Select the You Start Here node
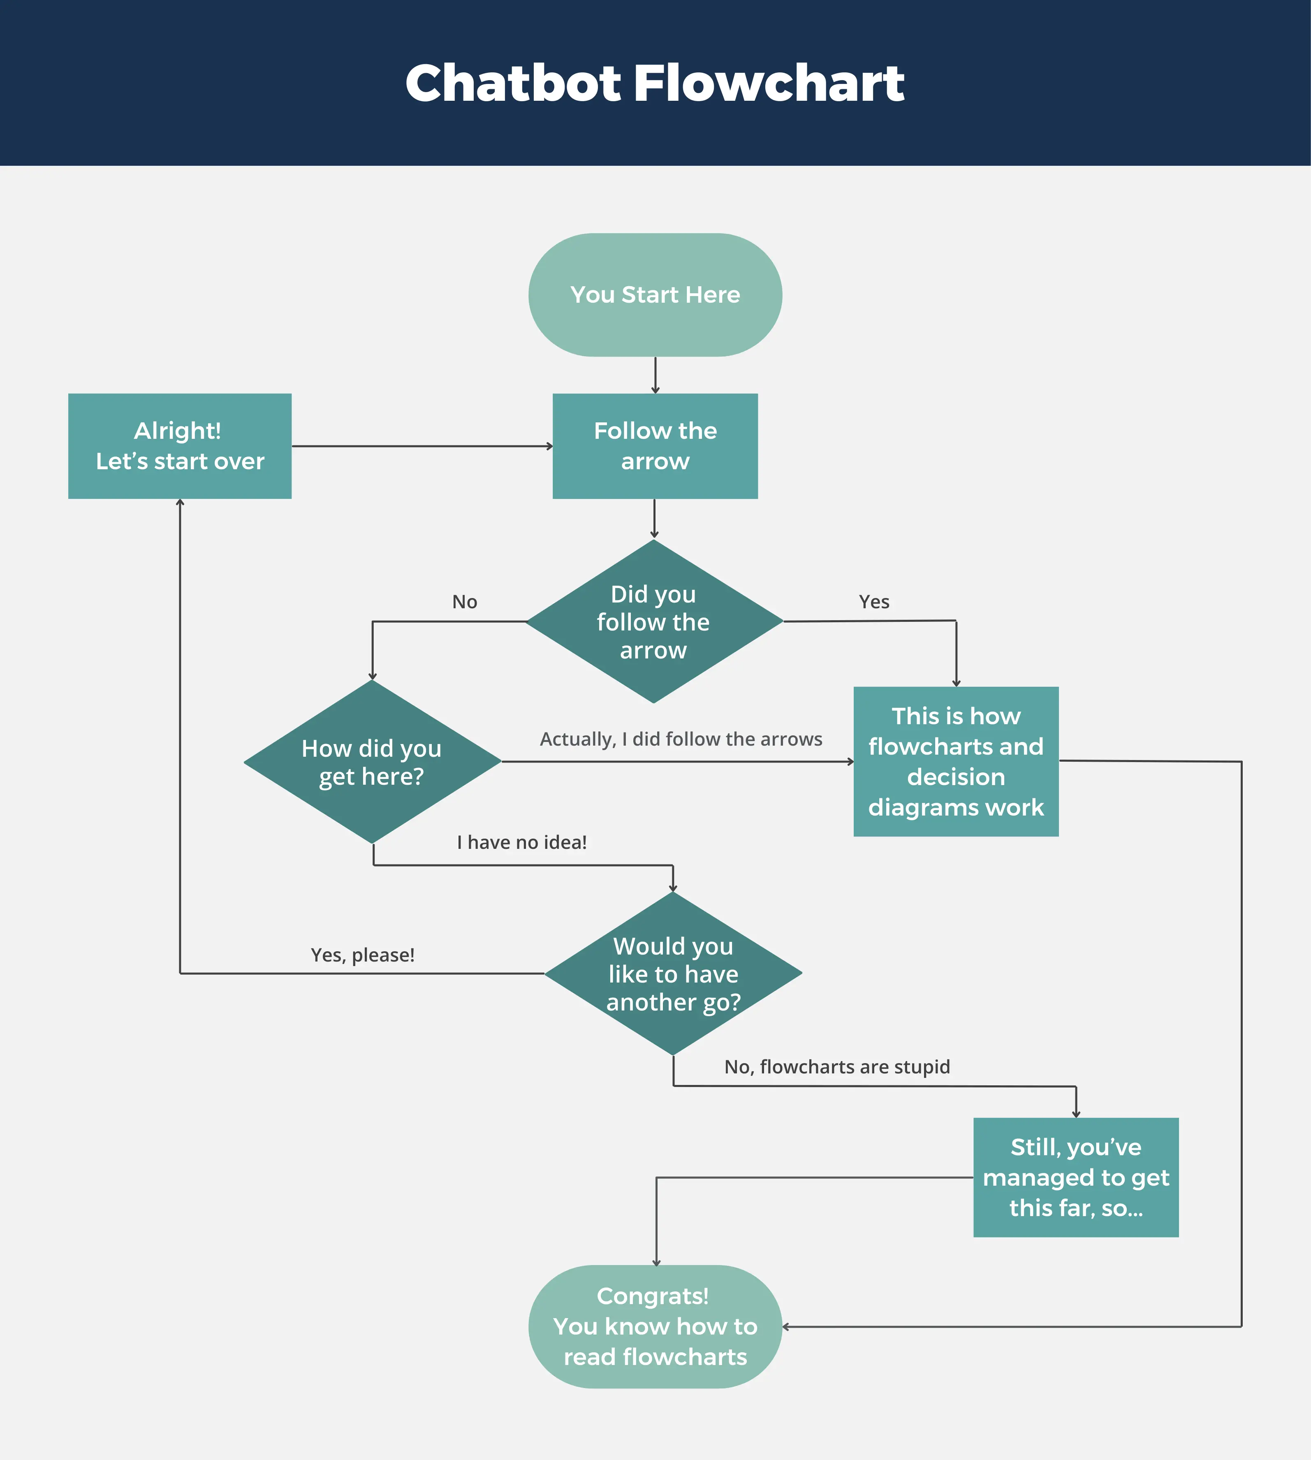(655, 294)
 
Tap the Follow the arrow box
(655, 446)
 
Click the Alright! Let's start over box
(179, 446)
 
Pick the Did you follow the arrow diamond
(653, 621)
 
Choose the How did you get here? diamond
(372, 762)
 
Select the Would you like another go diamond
(673, 974)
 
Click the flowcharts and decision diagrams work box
(956, 761)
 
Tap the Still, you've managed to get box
(1075, 1177)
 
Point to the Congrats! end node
(655, 1327)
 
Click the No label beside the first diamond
(465, 602)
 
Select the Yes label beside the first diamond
(874, 602)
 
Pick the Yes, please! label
(362, 955)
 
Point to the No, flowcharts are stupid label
(837, 1067)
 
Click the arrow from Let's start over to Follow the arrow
(422, 446)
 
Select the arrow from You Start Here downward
(655, 375)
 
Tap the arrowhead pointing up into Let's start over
(180, 503)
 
